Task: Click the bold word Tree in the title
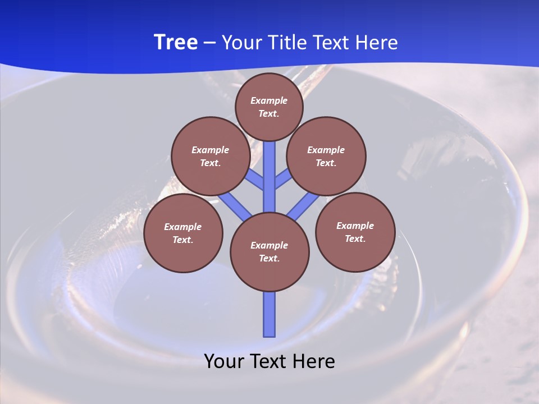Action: pyautogui.click(x=176, y=43)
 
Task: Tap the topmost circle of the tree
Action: pyautogui.click(x=269, y=107)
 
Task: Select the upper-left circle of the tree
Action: pyautogui.click(x=210, y=156)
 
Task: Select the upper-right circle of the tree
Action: pyautogui.click(x=326, y=156)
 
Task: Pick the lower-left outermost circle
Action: pyautogui.click(x=183, y=233)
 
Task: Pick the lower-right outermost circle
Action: pyautogui.click(x=355, y=232)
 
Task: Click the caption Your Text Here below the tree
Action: pyautogui.click(x=269, y=361)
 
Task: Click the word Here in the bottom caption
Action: pyautogui.click(x=314, y=361)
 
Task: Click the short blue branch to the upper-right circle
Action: pyautogui.click(x=283, y=180)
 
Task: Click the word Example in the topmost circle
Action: pyautogui.click(x=269, y=100)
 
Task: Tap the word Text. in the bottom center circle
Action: pyautogui.click(x=269, y=258)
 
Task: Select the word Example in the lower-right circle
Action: pyautogui.click(x=355, y=226)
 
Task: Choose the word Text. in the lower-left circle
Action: pyautogui.click(x=183, y=240)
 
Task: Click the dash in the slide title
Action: pyautogui.click(x=209, y=43)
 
